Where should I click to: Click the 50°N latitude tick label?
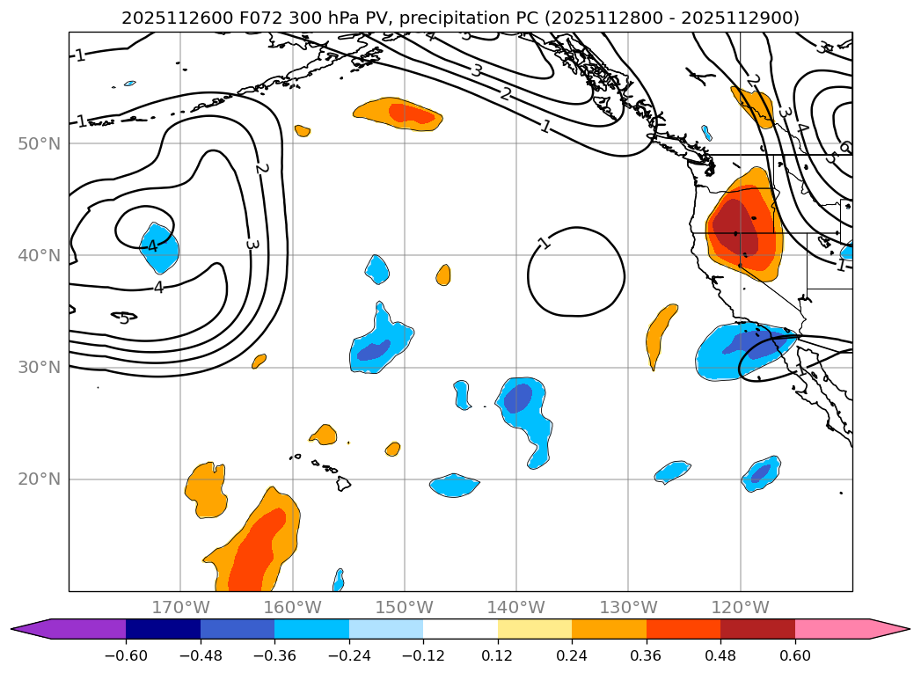[39, 144]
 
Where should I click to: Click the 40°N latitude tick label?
[39, 256]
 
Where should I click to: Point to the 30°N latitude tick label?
[39, 368]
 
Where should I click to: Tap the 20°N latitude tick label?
[39, 479]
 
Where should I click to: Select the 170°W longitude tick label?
[180, 607]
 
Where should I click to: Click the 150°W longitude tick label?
[405, 607]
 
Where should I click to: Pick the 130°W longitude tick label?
[628, 607]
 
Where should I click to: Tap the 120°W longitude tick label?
[740, 607]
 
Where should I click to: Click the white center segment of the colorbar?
[460, 628]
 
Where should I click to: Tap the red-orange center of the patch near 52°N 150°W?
[410, 113]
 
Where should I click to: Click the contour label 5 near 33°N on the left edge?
[124, 318]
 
